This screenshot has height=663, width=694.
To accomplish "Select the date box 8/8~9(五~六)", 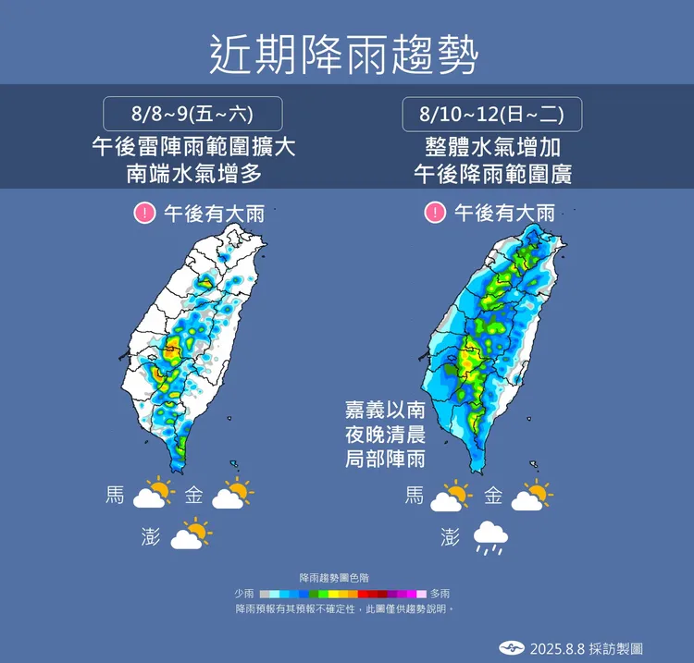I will (x=192, y=115).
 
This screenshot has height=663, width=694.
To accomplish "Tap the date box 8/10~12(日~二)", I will (x=491, y=115).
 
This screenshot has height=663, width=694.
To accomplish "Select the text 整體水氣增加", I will (x=492, y=145).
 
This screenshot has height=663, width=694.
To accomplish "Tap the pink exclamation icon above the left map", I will (x=143, y=214).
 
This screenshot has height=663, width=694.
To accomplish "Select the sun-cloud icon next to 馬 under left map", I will (x=153, y=495).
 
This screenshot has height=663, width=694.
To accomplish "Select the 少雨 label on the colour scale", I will (x=243, y=593).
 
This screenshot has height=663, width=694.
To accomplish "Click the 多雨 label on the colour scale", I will (x=440, y=593).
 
